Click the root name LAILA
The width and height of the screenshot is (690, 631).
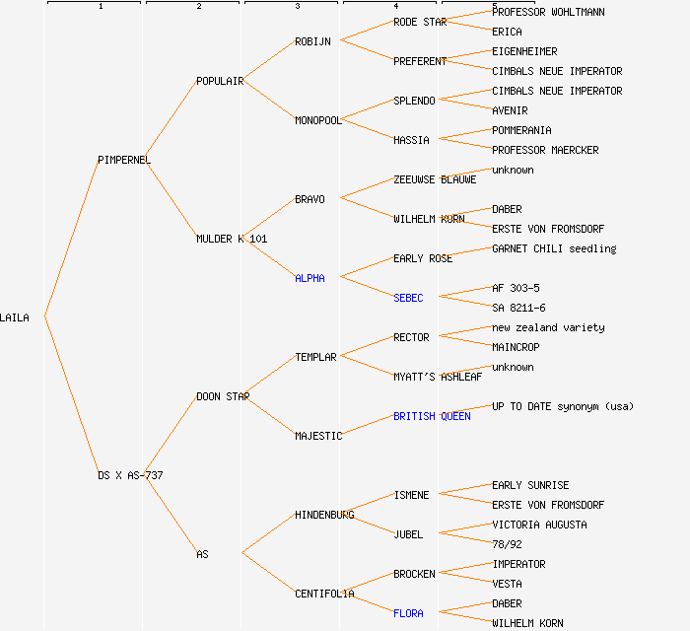click(15, 317)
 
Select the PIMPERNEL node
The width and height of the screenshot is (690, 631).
click(124, 160)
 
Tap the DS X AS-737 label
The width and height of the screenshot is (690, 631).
click(130, 475)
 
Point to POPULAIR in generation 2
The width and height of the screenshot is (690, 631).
click(220, 81)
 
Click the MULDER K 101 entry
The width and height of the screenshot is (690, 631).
click(232, 239)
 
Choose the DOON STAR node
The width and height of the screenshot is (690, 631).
click(223, 396)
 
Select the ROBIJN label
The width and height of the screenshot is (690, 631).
click(313, 41)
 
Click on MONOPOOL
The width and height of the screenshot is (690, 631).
click(318, 120)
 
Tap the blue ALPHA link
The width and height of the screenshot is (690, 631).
click(310, 278)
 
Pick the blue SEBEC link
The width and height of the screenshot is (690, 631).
click(408, 298)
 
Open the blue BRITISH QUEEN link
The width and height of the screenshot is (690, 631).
click(432, 416)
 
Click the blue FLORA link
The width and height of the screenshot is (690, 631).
click(408, 613)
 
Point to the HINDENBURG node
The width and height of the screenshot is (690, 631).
click(324, 515)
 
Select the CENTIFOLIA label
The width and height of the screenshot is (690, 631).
click(324, 594)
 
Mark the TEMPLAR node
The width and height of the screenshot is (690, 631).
click(315, 357)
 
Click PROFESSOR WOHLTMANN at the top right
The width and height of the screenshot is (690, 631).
click(548, 12)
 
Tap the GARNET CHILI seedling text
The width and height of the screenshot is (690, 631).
click(554, 248)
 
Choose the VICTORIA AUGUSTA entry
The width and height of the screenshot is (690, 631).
click(539, 525)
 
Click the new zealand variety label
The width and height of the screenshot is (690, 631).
click(548, 327)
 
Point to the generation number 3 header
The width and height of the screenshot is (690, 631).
click(297, 7)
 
